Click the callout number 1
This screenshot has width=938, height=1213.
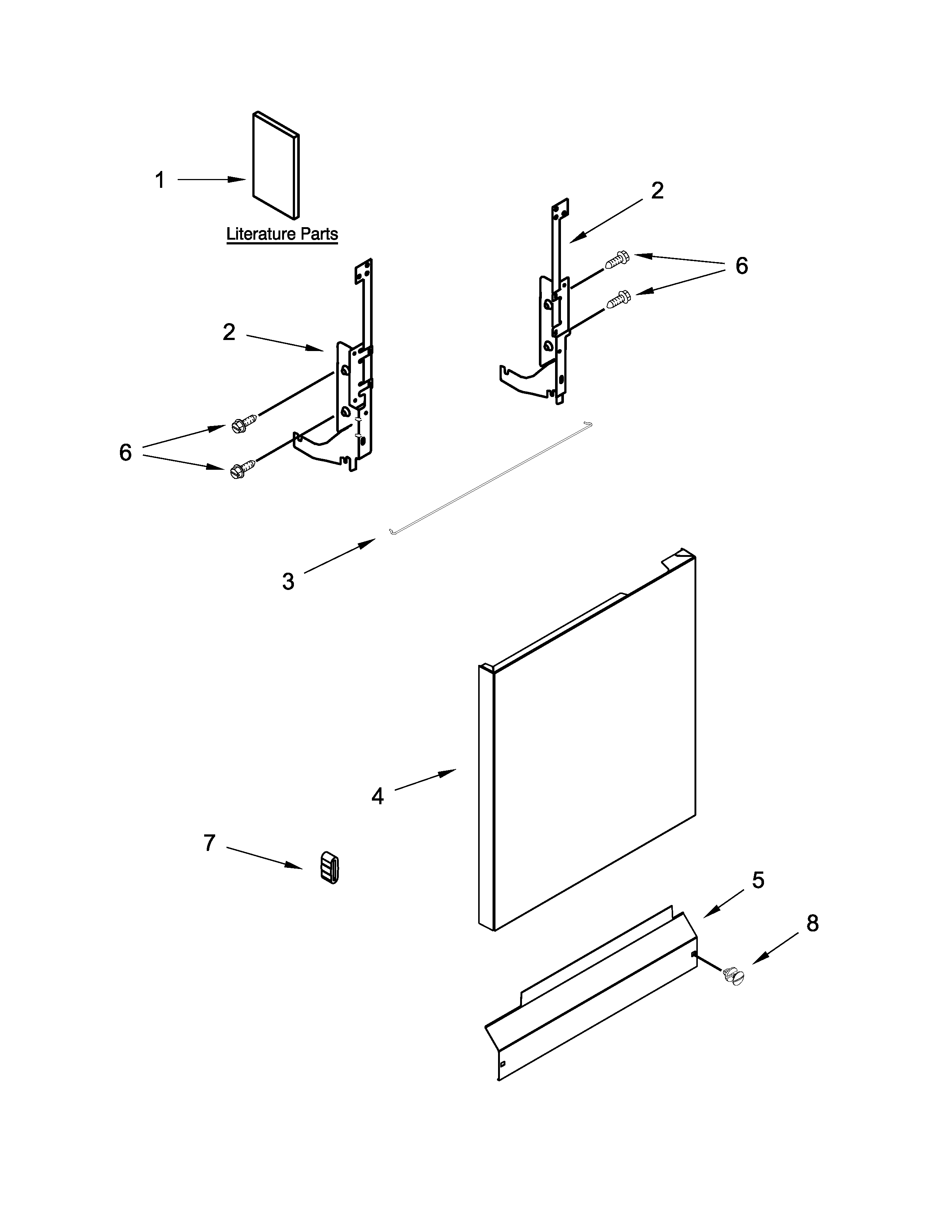pyautogui.click(x=160, y=180)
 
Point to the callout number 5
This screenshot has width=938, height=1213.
pyautogui.click(x=758, y=879)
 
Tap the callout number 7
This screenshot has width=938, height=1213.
pyautogui.click(x=209, y=843)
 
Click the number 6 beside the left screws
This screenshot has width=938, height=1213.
pyautogui.click(x=125, y=452)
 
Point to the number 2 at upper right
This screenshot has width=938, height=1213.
pyautogui.click(x=657, y=191)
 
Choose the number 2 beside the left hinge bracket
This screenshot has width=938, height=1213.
pyautogui.click(x=228, y=332)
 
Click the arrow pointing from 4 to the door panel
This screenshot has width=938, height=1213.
pyautogui.click(x=425, y=779)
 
